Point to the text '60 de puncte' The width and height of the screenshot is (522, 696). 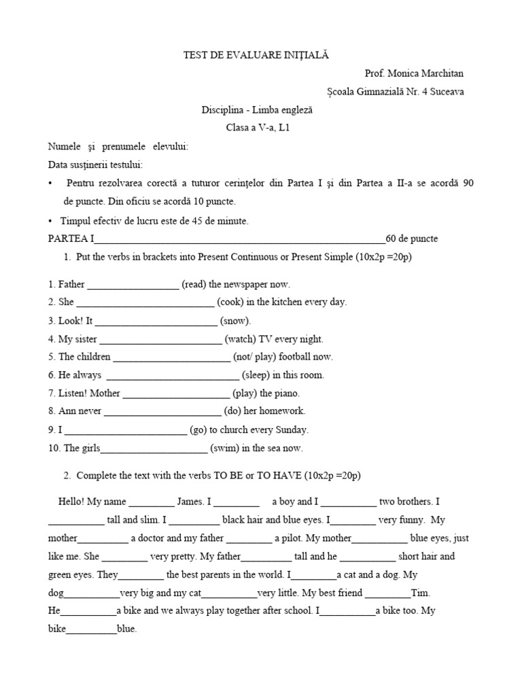pos(411,239)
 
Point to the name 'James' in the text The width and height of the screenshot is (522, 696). pos(190,502)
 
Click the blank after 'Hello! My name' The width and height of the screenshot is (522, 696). pos(151,503)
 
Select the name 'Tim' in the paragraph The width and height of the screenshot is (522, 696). pos(421,593)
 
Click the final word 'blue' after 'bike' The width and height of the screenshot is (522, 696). pos(126,629)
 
